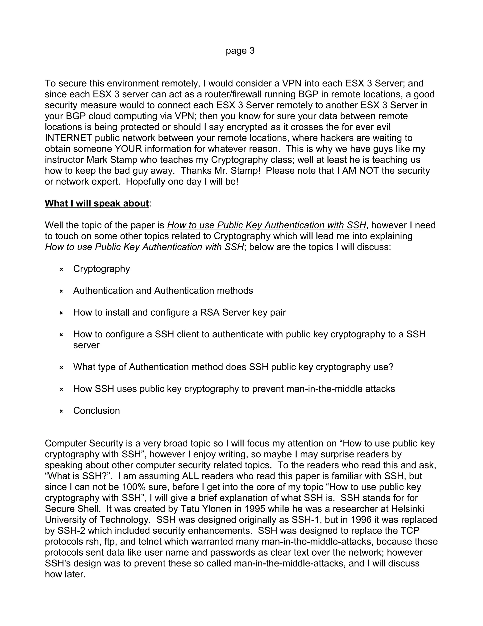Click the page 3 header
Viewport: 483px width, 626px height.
point(240,51)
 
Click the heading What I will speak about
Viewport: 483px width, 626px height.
point(97,203)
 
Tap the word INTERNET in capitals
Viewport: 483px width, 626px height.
point(68,138)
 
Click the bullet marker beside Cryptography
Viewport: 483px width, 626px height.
point(61,270)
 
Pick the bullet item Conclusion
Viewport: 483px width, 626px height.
point(96,411)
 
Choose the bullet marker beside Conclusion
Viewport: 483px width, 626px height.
point(61,411)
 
